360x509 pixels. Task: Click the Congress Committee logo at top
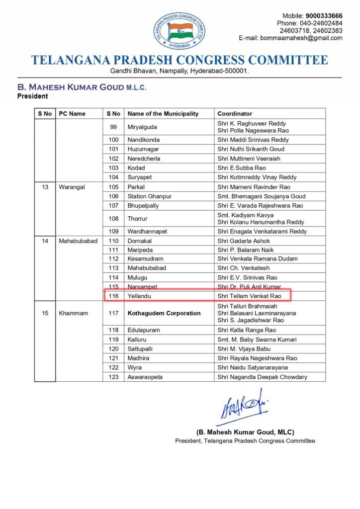point(180,31)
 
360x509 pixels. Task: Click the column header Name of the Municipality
point(162,113)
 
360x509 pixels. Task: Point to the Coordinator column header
point(235,113)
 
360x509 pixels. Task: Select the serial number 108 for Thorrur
point(113,219)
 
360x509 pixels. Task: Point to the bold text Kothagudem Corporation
point(164,313)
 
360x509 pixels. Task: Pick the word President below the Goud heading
point(33,96)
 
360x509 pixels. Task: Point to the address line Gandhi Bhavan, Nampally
point(180,71)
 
